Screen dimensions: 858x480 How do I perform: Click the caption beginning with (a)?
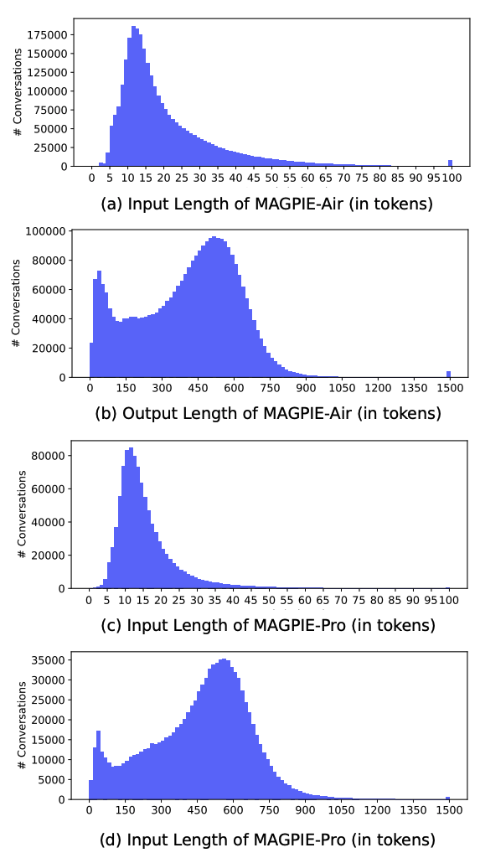[266, 204]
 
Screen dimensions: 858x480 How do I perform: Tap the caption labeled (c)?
[267, 625]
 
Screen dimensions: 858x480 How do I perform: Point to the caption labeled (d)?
[267, 839]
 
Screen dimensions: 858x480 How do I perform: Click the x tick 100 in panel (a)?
[451, 178]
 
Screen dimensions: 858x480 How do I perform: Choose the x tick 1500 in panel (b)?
[449, 389]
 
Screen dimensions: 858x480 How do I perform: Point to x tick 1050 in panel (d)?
[341, 811]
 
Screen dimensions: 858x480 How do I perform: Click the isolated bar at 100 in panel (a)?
[450, 163]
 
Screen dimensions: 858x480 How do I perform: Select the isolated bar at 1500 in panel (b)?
[448, 374]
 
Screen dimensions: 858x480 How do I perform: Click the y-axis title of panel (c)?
[23, 514]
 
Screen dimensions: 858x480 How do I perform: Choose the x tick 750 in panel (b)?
[270, 389]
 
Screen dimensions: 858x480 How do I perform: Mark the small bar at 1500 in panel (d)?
[448, 798]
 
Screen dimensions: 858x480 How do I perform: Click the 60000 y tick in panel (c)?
[53, 488]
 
